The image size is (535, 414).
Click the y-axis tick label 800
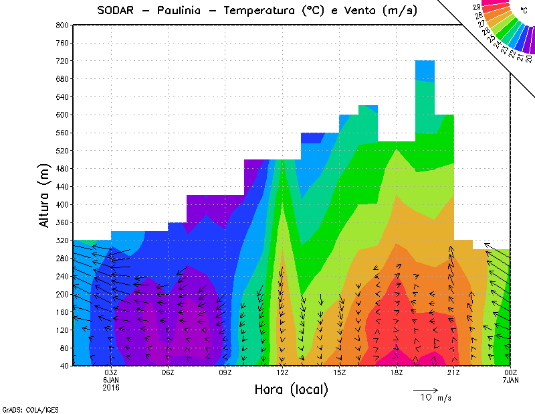(x=62, y=25)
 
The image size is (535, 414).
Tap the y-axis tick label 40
(x=64, y=366)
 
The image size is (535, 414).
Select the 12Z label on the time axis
(x=282, y=372)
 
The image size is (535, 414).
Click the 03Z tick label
(x=111, y=372)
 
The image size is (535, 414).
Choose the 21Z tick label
(x=453, y=372)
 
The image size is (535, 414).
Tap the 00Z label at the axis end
(x=510, y=372)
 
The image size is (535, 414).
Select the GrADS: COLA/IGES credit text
(x=24, y=408)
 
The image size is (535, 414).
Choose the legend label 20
(x=529, y=59)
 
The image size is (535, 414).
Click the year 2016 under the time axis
(x=111, y=387)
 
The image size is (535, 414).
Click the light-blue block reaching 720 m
(x=425, y=70)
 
